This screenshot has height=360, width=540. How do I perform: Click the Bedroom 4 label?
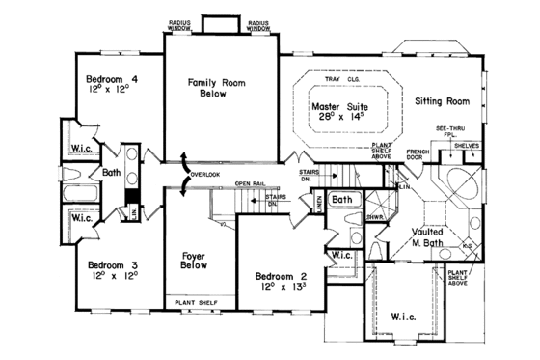pyautogui.click(x=106, y=77)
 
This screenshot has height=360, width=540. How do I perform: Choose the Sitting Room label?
pyautogui.click(x=442, y=100)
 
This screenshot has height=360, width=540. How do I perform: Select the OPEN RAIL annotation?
pyautogui.click(x=250, y=183)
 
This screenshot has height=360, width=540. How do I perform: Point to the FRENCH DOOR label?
pyautogui.click(x=418, y=156)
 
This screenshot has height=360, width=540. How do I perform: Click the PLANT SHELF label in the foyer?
pyautogui.click(x=196, y=303)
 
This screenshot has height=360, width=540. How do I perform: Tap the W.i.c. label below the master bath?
pyautogui.click(x=403, y=315)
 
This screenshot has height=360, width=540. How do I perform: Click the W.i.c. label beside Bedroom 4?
pyautogui.click(x=82, y=150)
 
